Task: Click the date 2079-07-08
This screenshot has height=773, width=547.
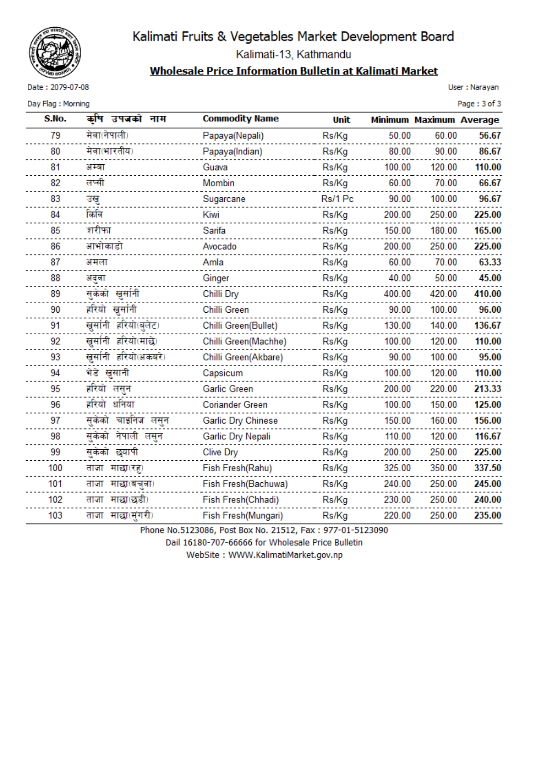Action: coord(70,87)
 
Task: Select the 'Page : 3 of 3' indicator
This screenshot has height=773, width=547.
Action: coord(479,104)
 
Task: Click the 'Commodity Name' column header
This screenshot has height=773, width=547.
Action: coord(240,118)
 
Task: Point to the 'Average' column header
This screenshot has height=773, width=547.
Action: coord(480,120)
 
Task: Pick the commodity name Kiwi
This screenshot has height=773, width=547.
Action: coord(211,215)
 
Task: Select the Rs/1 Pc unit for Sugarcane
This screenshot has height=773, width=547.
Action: coord(337,199)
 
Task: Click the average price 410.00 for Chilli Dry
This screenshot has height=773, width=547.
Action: coord(487,294)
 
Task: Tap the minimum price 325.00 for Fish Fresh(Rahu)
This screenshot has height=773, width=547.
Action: coord(397,468)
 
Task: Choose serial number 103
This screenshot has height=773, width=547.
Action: coord(55,516)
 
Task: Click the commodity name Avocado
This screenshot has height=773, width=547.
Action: coord(219,247)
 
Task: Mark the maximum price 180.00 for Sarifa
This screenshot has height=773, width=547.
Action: coord(443,231)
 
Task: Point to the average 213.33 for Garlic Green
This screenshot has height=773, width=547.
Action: coord(487,389)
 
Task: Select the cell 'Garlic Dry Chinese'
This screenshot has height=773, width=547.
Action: coord(240,421)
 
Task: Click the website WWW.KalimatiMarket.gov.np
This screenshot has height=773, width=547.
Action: coord(285,555)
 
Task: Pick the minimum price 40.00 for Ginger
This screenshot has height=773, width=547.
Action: coord(399,278)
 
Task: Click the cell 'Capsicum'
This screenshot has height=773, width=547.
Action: coord(222,373)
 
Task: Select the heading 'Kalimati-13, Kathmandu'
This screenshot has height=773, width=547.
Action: coord(294,55)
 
